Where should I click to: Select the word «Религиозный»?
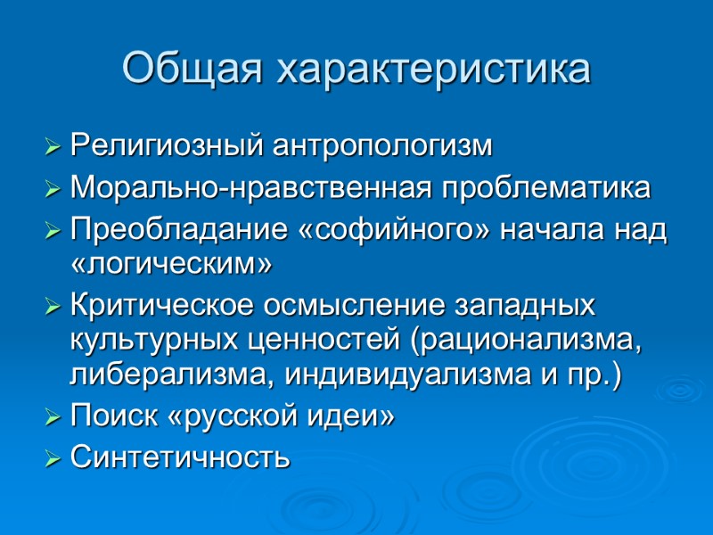pos(167,145)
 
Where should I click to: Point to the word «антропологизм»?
pos(382,145)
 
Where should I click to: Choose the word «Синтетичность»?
pos(180,458)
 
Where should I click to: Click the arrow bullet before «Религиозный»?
pos(53,146)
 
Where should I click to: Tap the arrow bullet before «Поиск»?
pos(53,417)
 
